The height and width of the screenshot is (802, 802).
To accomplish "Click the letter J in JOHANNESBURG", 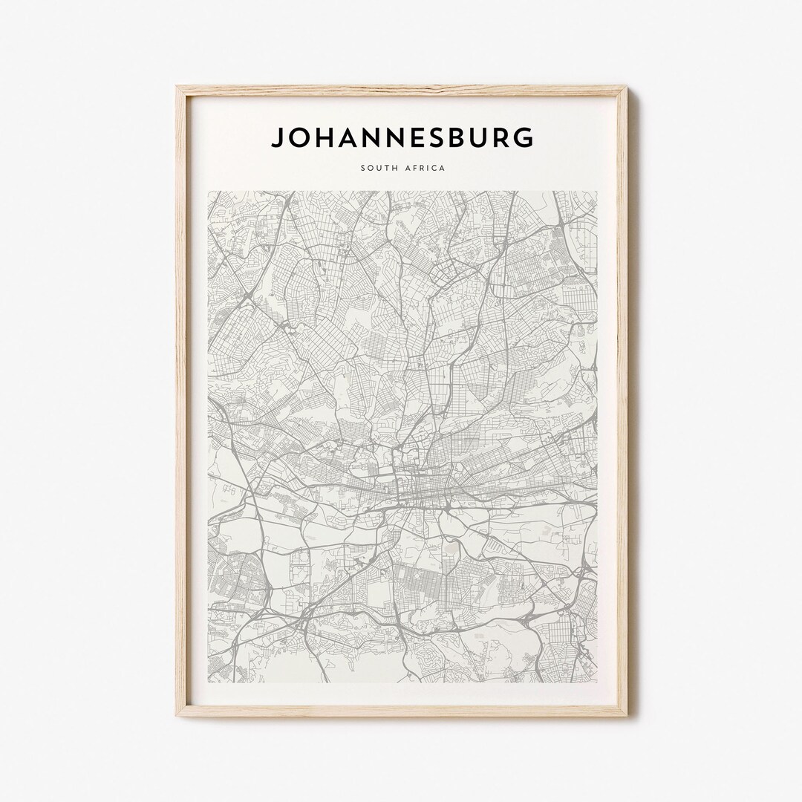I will tap(278, 137).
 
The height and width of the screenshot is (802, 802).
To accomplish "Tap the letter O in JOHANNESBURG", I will tap(299, 137).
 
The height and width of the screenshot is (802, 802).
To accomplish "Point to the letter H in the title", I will tap(323, 137).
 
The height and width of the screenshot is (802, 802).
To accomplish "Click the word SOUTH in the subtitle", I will tap(379, 169).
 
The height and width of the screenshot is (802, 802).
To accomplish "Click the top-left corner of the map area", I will tap(208, 192).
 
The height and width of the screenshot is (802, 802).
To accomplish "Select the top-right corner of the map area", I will tap(597, 192).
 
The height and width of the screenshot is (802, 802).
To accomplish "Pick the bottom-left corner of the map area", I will tap(208, 683).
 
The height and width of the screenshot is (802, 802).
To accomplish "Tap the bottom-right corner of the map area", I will tap(597, 683).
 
